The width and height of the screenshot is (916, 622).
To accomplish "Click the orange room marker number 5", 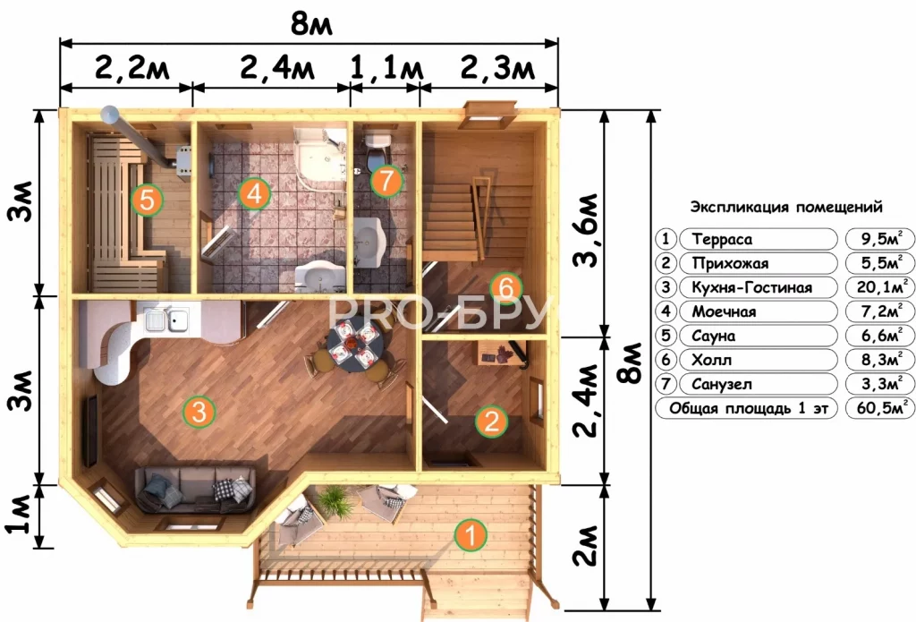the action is tap(147, 200).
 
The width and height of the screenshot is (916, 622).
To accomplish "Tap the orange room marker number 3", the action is tap(199, 412).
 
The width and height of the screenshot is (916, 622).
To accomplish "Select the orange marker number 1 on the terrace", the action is tap(471, 534).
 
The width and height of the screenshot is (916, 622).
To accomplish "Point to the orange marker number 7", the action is tap(386, 180).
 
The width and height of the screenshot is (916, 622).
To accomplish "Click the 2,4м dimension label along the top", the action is tap(277, 68).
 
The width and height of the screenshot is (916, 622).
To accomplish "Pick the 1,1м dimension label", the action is tap(386, 68).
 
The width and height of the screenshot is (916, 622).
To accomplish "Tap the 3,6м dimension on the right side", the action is tap(586, 230).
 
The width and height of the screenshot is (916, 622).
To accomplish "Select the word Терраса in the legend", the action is tap(722, 239).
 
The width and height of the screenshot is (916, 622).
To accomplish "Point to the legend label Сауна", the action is tap(713, 336).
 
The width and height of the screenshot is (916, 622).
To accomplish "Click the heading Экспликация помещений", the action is tap(785, 207).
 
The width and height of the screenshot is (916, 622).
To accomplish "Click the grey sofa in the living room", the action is tap(195, 489).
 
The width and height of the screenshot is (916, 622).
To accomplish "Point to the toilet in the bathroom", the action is tap(377, 149).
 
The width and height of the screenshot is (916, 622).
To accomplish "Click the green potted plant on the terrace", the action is tap(334, 501).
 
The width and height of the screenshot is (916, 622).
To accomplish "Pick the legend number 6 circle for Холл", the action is tap(666, 360).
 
